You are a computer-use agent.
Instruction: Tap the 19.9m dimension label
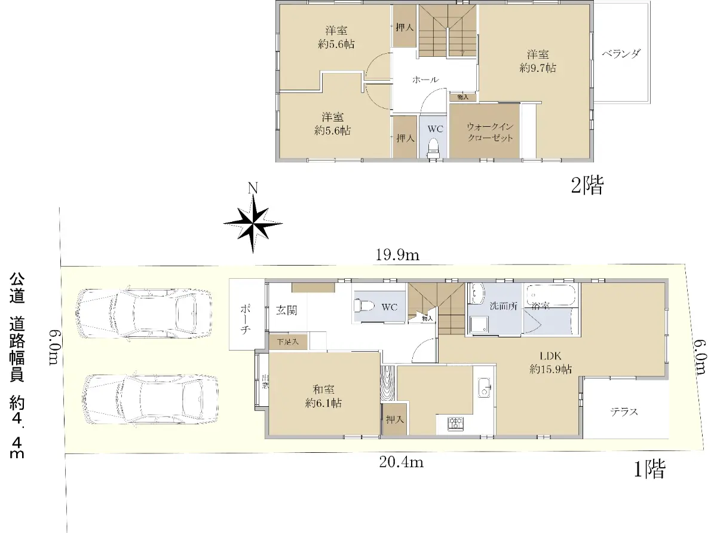coord(397,255)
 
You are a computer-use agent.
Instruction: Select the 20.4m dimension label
coord(401,462)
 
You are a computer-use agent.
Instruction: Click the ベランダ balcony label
coord(621,54)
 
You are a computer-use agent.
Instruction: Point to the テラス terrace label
coord(624,412)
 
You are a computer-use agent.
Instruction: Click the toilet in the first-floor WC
coord(364,306)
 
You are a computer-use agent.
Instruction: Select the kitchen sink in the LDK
coord(484,388)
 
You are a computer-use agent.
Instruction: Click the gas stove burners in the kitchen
coord(456,424)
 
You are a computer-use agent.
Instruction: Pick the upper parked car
coord(143,313)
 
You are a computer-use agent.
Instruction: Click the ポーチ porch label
coord(245,319)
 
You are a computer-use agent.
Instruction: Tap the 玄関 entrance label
coord(286,310)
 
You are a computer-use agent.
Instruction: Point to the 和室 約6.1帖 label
coord(323,396)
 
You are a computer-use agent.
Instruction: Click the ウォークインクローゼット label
coord(490,132)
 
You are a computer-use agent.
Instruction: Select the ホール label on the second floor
coord(425,80)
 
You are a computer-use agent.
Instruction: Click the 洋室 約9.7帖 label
coord(538,61)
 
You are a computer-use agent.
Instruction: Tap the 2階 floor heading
coord(587,185)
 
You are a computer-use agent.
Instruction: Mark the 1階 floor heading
coord(649,469)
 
